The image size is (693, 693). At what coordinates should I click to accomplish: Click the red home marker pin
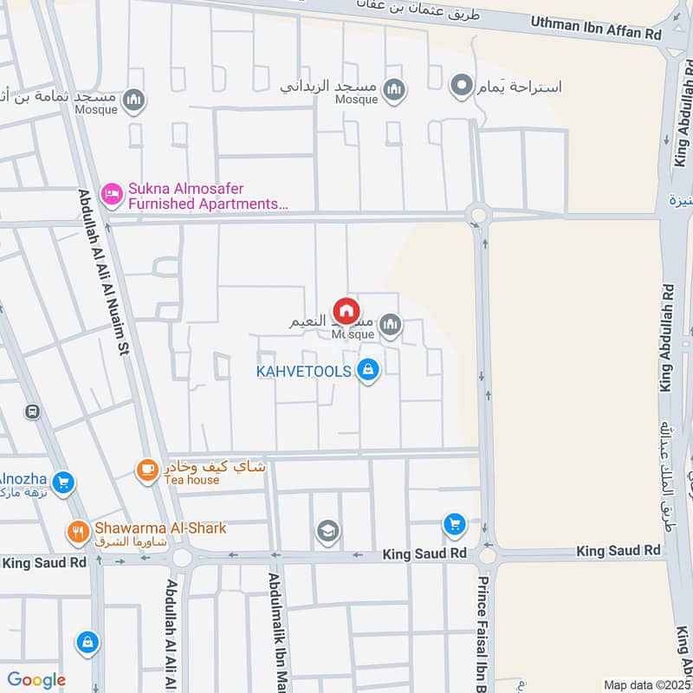[x=346, y=310]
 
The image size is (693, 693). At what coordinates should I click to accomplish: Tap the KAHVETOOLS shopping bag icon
[x=368, y=371]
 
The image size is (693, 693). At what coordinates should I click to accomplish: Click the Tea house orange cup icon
[x=146, y=470]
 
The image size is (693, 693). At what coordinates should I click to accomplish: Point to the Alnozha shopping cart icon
[x=62, y=483]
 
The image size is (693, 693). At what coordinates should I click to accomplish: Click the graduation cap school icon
[x=327, y=530]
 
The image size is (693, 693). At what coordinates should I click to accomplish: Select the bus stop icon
[x=33, y=412]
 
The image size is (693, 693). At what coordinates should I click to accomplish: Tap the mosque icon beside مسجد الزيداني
[x=394, y=90]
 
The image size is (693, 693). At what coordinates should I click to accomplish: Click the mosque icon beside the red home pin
[x=391, y=326]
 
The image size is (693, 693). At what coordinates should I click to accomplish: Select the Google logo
[x=36, y=680]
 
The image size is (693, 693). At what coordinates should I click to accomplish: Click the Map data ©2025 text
[x=646, y=685]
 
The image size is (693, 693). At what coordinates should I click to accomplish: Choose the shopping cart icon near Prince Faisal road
[x=454, y=524]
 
